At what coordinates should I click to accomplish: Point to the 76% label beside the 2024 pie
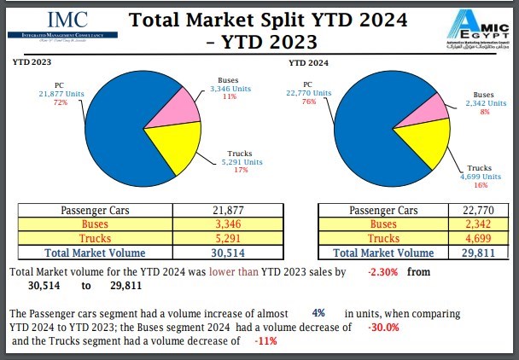308,102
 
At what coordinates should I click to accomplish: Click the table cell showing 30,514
239,253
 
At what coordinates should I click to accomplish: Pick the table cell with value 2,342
457,224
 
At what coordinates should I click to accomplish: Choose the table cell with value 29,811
457,253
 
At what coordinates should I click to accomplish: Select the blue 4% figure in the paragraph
318,314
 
